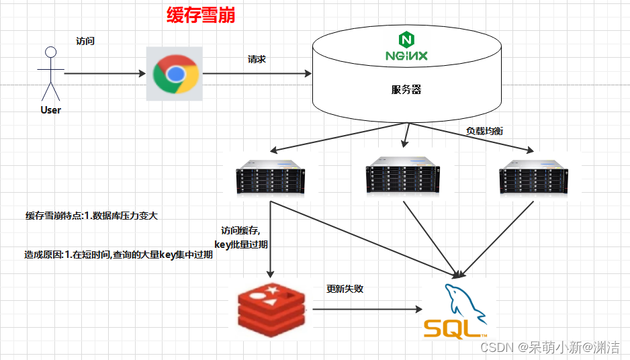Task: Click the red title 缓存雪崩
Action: (201, 15)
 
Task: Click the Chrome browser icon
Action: (175, 74)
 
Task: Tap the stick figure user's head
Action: (50, 52)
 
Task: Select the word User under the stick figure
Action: (50, 109)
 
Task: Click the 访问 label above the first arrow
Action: (85, 41)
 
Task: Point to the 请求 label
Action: (257, 59)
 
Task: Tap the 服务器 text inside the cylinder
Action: (406, 89)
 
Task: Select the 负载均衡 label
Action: (485, 131)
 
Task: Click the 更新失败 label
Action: (345, 289)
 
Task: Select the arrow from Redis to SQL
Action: (366, 309)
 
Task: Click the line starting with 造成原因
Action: (118, 255)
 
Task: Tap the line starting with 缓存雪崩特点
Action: (92, 216)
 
